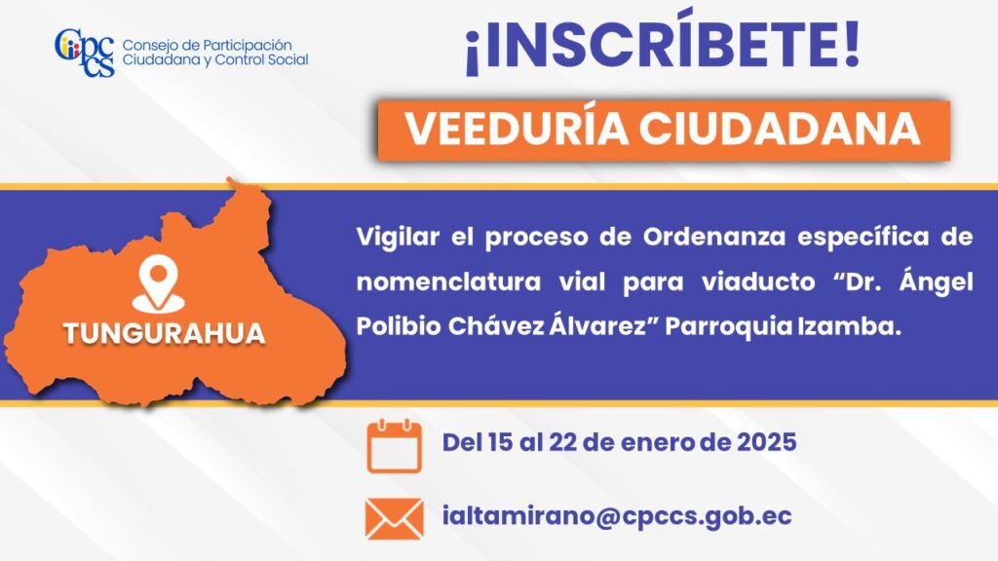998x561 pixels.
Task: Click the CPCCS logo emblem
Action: [85, 53]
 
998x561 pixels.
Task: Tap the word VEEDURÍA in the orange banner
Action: [517, 130]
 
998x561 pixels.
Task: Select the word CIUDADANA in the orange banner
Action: [781, 130]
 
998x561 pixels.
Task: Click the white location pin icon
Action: [158, 283]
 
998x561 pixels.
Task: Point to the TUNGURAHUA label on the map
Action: [164, 334]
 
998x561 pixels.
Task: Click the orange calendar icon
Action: [394, 445]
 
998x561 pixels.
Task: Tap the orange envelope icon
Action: [394, 518]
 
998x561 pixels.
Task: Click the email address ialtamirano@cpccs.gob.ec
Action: [617, 516]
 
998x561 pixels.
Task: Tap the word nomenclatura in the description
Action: [448, 281]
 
